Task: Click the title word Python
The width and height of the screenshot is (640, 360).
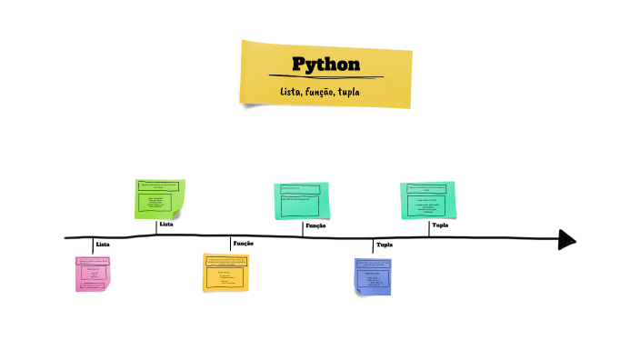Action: (x=325, y=65)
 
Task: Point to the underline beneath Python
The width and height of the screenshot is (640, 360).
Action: (x=325, y=76)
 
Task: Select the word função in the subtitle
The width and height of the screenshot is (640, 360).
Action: (x=320, y=93)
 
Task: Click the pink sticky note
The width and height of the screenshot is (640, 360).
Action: (x=92, y=273)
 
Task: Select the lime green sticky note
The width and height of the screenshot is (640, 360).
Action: (x=159, y=198)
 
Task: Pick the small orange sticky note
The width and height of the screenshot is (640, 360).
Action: (x=225, y=272)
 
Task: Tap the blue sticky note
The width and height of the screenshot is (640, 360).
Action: (x=373, y=275)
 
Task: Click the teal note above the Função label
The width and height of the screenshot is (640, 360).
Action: (x=302, y=200)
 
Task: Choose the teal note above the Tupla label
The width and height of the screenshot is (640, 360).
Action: (x=427, y=199)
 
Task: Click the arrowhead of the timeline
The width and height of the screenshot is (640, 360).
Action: (x=567, y=239)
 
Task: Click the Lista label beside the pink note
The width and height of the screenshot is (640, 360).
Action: (x=103, y=245)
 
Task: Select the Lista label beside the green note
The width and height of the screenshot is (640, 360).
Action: (x=166, y=224)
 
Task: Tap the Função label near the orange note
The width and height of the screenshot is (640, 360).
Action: (x=243, y=244)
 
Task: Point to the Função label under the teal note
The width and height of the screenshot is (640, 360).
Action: (x=315, y=225)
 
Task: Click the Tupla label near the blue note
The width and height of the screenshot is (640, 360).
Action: (x=384, y=245)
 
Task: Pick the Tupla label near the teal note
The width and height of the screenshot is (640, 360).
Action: (x=440, y=225)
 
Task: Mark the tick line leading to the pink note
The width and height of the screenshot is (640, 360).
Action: (x=93, y=246)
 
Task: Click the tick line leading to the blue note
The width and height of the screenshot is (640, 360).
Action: (x=373, y=248)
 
